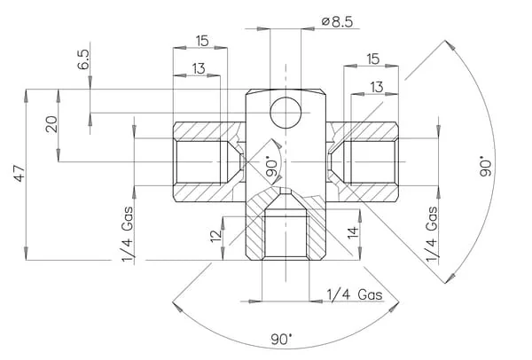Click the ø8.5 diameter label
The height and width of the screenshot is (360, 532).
(337, 21)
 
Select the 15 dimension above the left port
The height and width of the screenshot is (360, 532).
(202, 41)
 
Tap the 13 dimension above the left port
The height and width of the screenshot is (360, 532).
(199, 68)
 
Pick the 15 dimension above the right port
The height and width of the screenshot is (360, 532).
(373, 59)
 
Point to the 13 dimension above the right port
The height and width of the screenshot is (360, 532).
(377, 87)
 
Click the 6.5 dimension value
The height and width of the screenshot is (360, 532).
(84, 59)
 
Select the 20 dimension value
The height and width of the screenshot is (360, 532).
(52, 124)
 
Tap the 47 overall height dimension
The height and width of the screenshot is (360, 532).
(19, 174)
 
